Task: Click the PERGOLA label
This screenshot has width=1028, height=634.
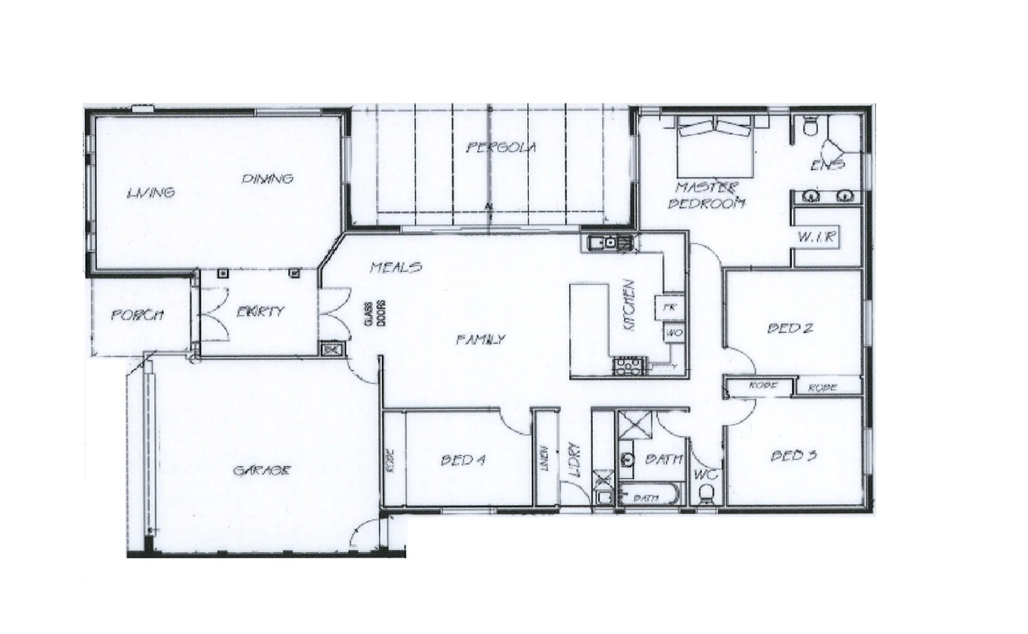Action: point(501,147)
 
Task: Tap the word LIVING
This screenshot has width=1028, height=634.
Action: point(151,192)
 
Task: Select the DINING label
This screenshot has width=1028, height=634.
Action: point(268,178)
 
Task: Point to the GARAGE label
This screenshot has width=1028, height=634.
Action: point(262,470)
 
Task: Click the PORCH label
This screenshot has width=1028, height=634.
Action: point(137,315)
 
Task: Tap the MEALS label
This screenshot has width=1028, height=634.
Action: point(396,268)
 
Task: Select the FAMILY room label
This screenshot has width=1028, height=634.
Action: point(480,339)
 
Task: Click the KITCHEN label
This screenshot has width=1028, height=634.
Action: point(629,305)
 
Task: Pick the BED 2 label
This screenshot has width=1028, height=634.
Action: point(790,328)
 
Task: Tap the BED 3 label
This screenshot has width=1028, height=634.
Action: point(793,455)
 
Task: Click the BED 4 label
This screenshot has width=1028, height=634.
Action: point(463,460)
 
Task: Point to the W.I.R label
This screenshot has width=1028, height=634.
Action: point(816,238)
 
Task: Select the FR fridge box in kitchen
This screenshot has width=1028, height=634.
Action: point(668,306)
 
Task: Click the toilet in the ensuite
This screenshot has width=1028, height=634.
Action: point(811,125)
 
